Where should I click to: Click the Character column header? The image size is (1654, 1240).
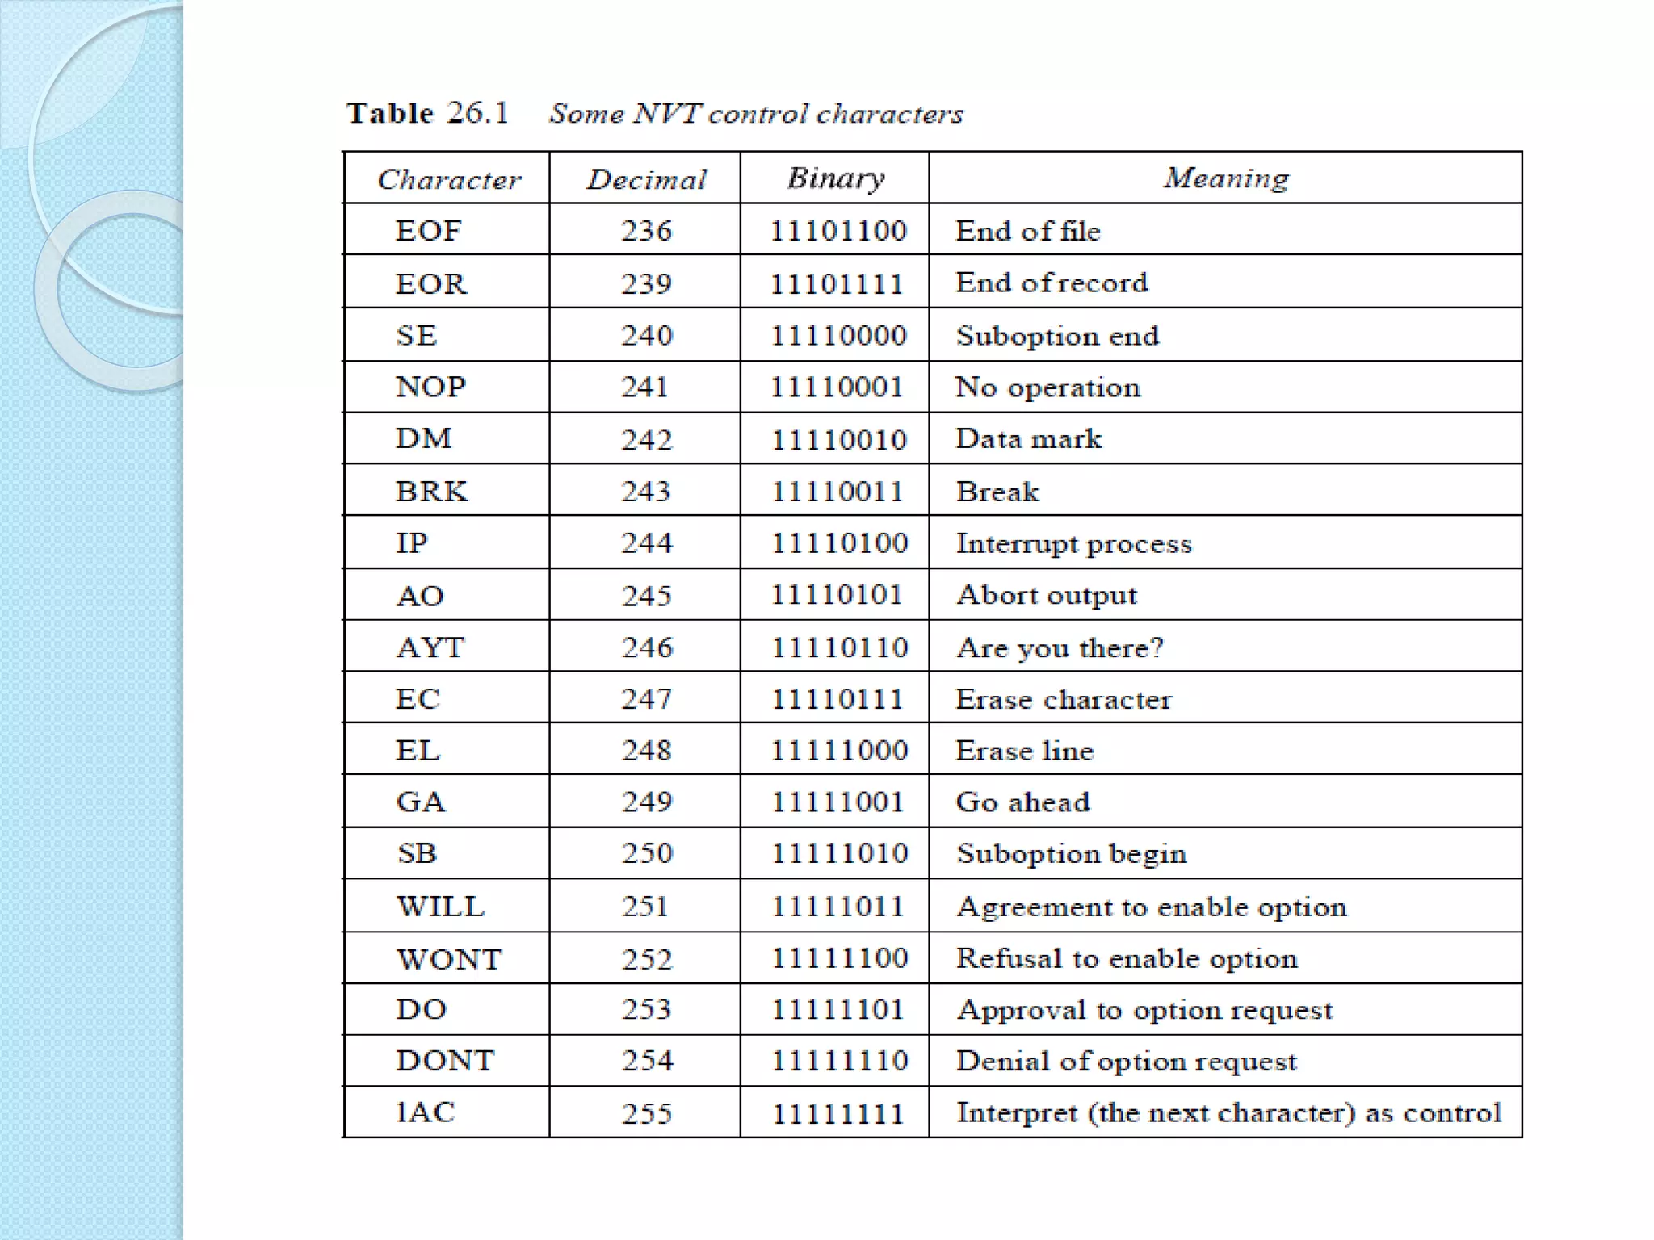449,179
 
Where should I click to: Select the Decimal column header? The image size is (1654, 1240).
646,179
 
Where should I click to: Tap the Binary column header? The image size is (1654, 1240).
836,178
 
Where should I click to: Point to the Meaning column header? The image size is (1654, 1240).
1225,178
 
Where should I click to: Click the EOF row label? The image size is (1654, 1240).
428,231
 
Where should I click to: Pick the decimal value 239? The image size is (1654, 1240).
646,283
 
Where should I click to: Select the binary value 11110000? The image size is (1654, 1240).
837,335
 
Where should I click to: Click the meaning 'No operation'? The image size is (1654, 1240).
1047,387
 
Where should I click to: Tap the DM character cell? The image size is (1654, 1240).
424,438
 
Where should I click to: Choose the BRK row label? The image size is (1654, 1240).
431,491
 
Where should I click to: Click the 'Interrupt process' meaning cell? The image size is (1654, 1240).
1073,543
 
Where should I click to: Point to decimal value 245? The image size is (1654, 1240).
646,596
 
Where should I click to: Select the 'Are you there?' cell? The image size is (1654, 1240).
1060,647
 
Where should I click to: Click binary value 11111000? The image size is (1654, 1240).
838,751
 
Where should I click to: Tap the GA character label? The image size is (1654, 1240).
421,802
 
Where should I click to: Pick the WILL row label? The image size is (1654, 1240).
440,906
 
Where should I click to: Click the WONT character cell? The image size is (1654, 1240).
449,958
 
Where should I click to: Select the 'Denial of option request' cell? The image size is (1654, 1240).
1126,1061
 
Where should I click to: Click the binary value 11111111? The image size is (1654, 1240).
837,1113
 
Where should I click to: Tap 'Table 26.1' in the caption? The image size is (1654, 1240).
427,113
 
